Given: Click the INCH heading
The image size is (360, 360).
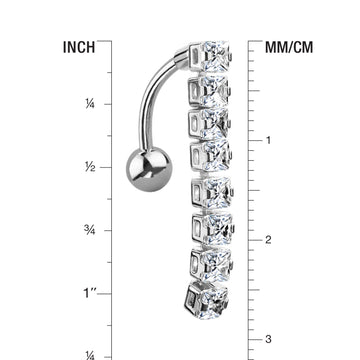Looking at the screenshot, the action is pyautogui.click(x=79, y=47).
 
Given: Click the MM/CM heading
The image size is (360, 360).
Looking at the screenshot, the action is pyautogui.click(x=289, y=47).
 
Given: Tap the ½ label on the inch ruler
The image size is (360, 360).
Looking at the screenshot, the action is pyautogui.click(x=90, y=167).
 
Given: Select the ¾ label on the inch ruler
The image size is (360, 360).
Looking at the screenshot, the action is pyautogui.click(x=90, y=230).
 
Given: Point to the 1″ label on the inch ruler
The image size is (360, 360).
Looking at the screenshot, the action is pyautogui.click(x=89, y=293).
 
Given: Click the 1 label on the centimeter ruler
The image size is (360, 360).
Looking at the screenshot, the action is pyautogui.click(x=268, y=140).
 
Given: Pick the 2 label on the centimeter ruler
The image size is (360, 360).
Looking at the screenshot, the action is pyautogui.click(x=268, y=240).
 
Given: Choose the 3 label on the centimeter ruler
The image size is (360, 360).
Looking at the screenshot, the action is pyautogui.click(x=268, y=339).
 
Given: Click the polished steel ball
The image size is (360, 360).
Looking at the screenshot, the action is pyautogui.click(x=149, y=169).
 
